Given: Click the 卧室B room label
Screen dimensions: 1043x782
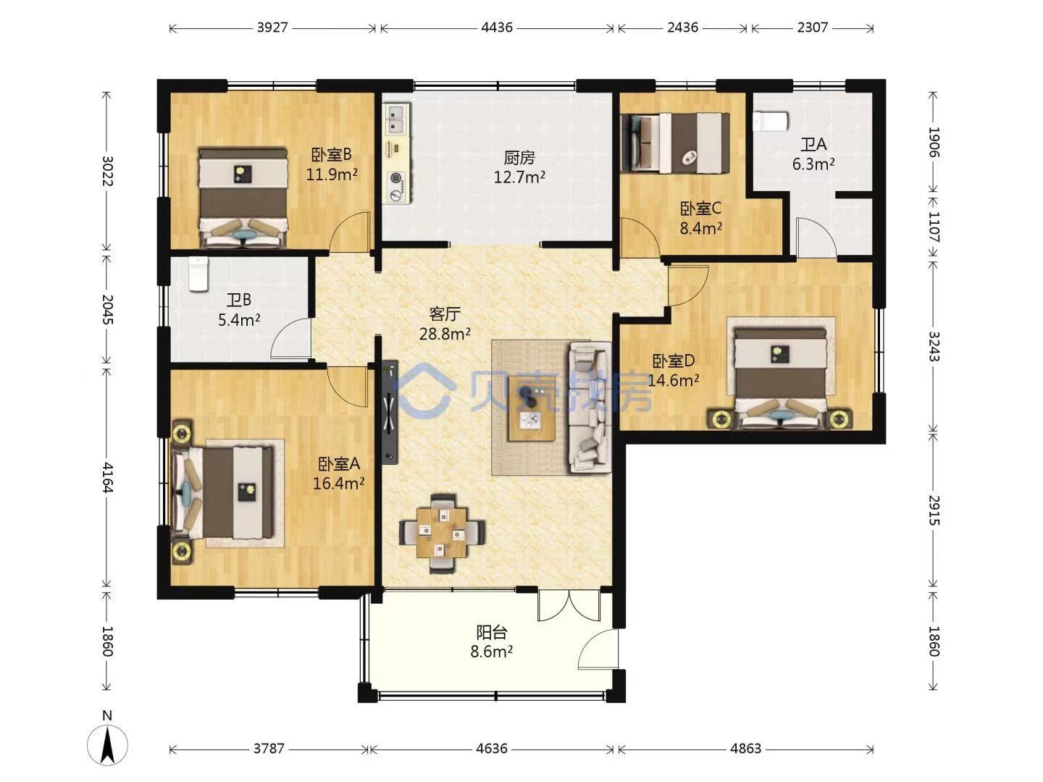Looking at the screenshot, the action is [x=331, y=154].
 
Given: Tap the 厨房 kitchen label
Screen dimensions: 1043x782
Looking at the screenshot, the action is [x=519, y=157].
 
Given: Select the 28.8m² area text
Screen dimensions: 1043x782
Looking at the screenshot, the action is [x=445, y=335].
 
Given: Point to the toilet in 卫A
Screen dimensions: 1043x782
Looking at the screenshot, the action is [x=771, y=121].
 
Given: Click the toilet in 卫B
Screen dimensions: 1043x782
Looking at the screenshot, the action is [x=198, y=274].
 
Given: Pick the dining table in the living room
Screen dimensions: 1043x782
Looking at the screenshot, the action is [x=442, y=534].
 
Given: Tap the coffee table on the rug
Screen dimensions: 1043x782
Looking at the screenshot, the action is [x=531, y=409].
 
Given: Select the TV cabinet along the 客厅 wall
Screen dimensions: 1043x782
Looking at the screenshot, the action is [x=390, y=412].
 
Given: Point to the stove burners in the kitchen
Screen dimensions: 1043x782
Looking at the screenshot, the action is [x=395, y=187].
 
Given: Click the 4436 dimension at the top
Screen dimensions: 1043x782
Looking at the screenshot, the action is [x=497, y=28].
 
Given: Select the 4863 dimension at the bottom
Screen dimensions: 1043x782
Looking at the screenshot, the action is [x=745, y=748].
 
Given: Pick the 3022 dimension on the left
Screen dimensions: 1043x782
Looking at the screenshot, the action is [x=107, y=171].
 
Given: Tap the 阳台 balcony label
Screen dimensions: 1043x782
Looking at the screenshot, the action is [x=492, y=632].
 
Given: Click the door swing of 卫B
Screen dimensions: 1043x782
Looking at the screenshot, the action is [x=290, y=337].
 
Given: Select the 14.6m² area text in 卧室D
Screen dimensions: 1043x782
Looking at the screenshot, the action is [x=674, y=380].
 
